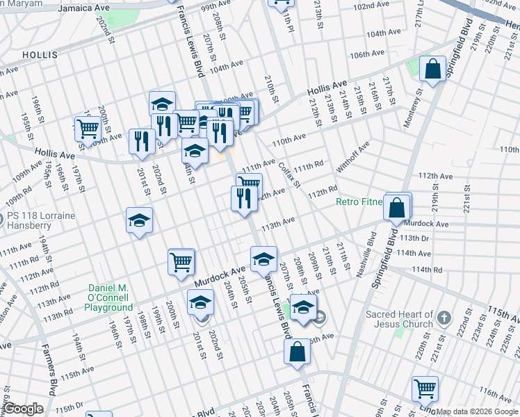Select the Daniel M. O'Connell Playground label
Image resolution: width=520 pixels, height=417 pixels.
coord(110,297)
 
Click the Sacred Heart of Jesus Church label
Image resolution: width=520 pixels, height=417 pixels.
coord(399,320)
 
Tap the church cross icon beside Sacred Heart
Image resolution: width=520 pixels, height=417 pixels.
coord(445,319)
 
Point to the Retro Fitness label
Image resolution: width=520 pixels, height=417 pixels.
coord(359,202)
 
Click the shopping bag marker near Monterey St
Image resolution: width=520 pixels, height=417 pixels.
coord(432,69)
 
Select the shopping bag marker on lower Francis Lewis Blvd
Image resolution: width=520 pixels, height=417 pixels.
coord(297,352)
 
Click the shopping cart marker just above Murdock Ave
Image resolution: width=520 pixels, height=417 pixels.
coord(181,262)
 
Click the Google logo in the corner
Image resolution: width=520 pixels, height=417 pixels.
coord(24,408)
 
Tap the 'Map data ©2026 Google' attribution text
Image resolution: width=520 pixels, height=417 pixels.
coord(477,411)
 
